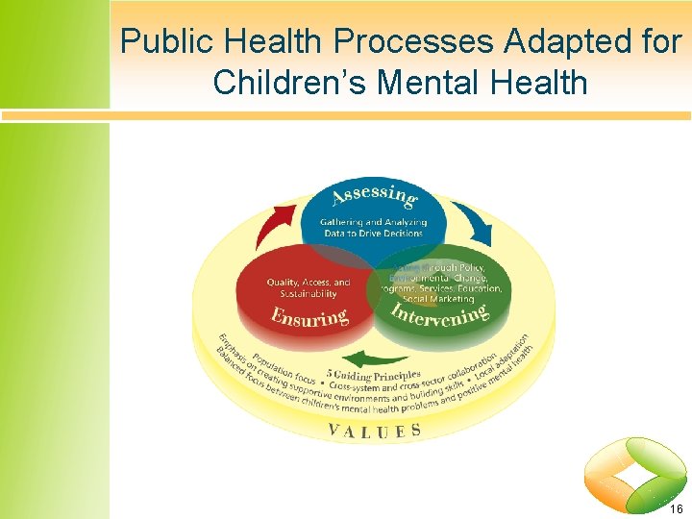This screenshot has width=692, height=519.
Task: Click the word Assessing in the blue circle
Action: click(x=375, y=196)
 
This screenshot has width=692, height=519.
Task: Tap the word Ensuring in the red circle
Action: click(x=309, y=317)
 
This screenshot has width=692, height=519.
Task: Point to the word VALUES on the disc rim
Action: click(x=375, y=430)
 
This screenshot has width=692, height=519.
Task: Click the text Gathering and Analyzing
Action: click(x=374, y=223)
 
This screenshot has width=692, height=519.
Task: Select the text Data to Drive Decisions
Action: click(x=374, y=235)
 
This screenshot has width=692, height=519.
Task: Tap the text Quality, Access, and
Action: click(x=309, y=283)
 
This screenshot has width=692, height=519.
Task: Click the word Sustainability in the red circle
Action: click(x=309, y=294)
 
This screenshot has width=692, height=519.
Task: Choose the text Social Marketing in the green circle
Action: click(x=438, y=299)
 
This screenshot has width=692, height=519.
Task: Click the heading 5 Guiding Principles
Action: click(x=374, y=373)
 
